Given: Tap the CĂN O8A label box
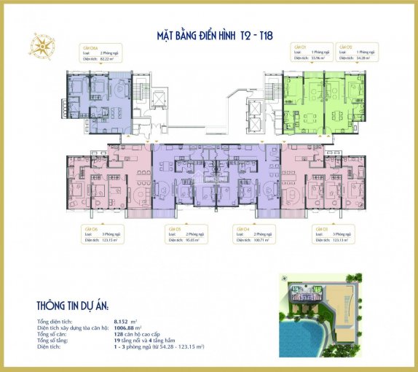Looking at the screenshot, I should [99, 53].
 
